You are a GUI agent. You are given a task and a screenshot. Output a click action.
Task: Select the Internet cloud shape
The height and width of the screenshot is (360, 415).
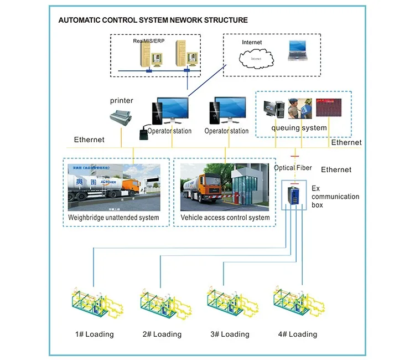coord(256,57)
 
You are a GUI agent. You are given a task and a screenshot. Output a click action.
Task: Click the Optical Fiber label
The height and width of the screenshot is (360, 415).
coord(293,168)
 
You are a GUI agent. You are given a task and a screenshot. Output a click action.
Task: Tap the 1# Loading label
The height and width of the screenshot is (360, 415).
coord(95,334)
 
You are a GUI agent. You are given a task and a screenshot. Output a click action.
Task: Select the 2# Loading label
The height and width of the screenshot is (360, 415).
coord(163,334)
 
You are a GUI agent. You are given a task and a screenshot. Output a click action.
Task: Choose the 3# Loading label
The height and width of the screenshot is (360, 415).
coord(230,334)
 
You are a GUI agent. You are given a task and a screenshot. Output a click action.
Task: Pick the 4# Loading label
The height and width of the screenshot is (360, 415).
coord(298,334)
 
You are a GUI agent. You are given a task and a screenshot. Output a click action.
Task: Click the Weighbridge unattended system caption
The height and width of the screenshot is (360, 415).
coord(113,218)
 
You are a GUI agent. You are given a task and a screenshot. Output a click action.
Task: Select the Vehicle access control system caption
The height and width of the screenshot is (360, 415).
coord(225,218)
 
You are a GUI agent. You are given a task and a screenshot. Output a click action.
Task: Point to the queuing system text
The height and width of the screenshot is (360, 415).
coord(299,128)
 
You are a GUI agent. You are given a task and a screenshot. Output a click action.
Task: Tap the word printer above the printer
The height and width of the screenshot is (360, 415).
coord(121,100)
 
